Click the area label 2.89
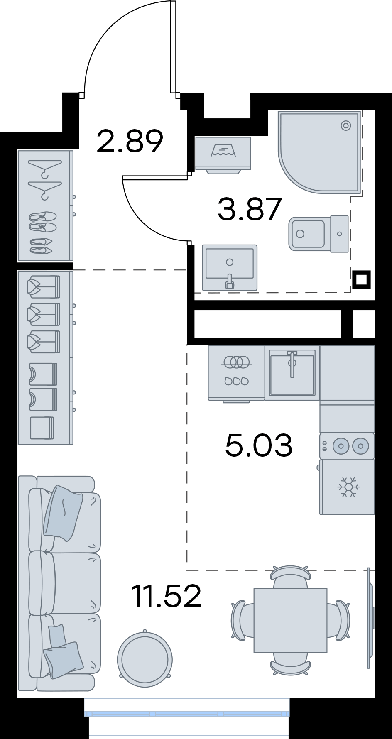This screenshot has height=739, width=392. coord(130,141)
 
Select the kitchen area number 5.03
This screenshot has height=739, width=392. coord(259,445)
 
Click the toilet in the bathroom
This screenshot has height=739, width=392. coord(318,233)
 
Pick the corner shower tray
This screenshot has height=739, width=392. coord(319,152)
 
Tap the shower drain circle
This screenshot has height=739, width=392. coord(346,125)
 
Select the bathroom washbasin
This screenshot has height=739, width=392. coord(230,267)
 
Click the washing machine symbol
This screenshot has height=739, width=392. coord(223,154)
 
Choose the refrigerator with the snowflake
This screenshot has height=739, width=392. coord(347,487)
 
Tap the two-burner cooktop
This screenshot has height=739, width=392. coord(347,446)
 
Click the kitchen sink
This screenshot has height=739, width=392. coord(292,372)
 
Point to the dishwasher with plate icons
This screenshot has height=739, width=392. coord(236,373)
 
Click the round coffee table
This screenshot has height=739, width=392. coord(145,658)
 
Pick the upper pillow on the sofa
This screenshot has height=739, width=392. coord(63,513)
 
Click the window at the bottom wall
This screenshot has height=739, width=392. coord(187,714)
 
